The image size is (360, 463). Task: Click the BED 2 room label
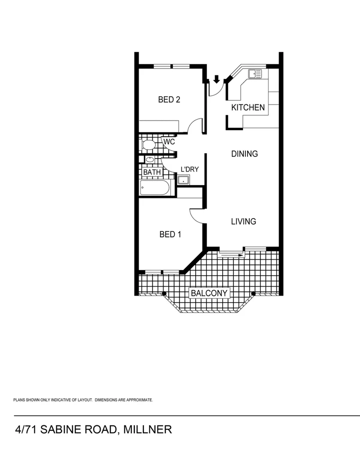pos(169,100)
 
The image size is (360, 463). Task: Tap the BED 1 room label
pos(170,235)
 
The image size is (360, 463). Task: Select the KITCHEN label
pos(248,108)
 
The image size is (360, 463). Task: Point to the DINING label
pos(245,154)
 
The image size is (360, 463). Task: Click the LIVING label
pos(243,222)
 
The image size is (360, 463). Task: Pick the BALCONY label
pos(210,294)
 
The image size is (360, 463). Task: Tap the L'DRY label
pos(189,169)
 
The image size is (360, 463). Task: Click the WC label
pos(169,141)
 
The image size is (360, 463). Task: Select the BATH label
pos(152,172)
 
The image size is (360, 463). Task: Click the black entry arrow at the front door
pos(217,79)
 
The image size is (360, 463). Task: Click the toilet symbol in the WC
pos(147,145)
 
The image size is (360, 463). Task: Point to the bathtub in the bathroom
pos(155,188)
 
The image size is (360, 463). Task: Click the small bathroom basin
pos(149,160)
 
